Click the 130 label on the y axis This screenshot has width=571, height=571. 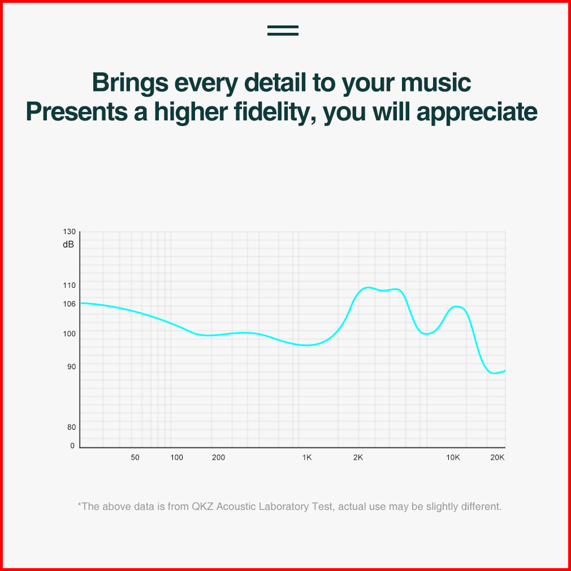pyautogui.click(x=69, y=232)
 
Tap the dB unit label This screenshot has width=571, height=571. pyautogui.click(x=68, y=244)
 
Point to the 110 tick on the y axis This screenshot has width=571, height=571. pyautogui.click(x=69, y=285)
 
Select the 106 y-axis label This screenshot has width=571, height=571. pyautogui.click(x=69, y=304)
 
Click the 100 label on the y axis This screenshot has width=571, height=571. pyautogui.click(x=69, y=334)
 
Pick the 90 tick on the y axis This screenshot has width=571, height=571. pyautogui.click(x=72, y=367)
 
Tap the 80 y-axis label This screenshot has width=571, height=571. pyautogui.click(x=72, y=427)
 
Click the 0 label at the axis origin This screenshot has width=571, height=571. pyautogui.click(x=72, y=445)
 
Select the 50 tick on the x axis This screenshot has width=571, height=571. pyautogui.click(x=135, y=457)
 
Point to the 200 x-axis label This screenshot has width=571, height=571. pyautogui.click(x=218, y=457)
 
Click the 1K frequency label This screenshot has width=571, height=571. pyautogui.click(x=307, y=457)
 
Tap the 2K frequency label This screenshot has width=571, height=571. pyautogui.click(x=358, y=457)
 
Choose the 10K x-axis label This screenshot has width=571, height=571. pyautogui.click(x=453, y=457)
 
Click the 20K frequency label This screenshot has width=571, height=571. pyautogui.click(x=498, y=457)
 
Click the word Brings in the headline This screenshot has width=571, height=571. pyautogui.click(x=130, y=83)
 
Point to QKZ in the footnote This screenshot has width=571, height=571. pyautogui.click(x=202, y=507)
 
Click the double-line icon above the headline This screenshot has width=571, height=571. pyautogui.click(x=283, y=31)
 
